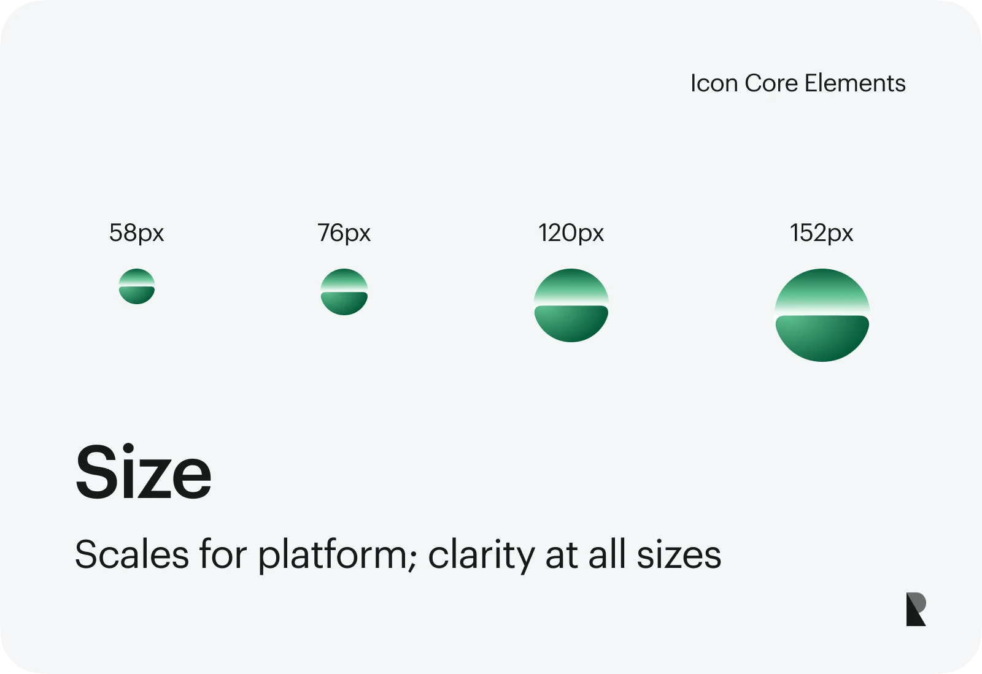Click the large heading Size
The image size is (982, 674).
[144, 472]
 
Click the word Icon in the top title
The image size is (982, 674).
[714, 83]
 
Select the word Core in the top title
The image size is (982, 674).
[771, 83]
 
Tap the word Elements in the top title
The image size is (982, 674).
[855, 83]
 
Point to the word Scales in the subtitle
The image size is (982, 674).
[132, 554]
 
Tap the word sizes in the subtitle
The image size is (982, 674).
[679, 554]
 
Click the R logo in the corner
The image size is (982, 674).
[916, 609]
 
